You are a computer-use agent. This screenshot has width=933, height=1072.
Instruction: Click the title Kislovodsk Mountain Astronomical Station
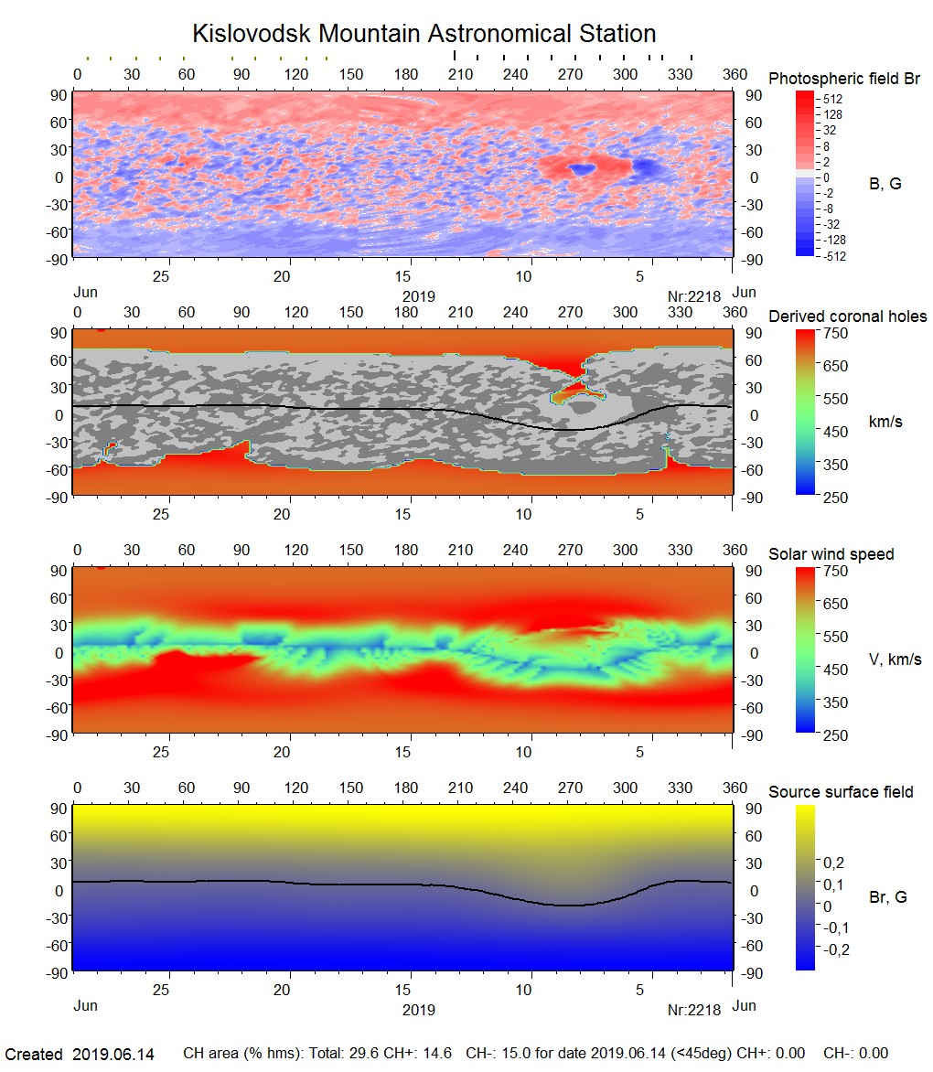coord(424,34)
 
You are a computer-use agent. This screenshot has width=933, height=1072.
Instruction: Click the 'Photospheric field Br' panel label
coord(844,79)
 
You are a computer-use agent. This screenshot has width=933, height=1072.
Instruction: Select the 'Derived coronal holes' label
coord(847,316)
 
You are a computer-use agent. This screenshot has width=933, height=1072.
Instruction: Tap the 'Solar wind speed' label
coord(831,554)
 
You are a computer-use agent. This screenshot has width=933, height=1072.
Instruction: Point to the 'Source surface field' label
coord(841,792)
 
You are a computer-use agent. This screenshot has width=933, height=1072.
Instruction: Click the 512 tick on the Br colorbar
coord(831,98)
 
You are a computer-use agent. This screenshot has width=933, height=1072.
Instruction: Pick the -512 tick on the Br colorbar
coord(831,256)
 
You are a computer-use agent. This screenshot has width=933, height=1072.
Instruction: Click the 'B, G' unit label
coord(885,184)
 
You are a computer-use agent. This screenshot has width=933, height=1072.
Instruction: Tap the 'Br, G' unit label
coord(887,897)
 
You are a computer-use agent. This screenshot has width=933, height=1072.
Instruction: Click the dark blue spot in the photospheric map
coord(581,169)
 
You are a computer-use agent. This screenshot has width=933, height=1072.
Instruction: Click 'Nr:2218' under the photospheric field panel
coord(694,296)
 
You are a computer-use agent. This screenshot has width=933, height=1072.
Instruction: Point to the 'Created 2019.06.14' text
coord(80,1055)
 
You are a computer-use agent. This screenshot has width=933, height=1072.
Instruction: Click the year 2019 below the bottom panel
coord(418,1010)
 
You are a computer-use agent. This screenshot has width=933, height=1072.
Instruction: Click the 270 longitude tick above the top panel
coord(570,74)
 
